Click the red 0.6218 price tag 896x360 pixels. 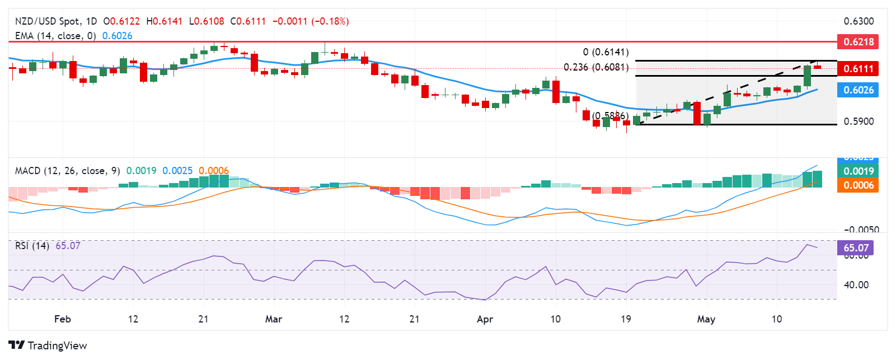click(x=858, y=42)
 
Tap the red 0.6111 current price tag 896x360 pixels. click(x=858, y=69)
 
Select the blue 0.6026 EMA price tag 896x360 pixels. click(x=858, y=90)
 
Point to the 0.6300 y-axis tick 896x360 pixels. click(x=859, y=21)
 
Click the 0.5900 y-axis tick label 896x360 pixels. click(x=859, y=121)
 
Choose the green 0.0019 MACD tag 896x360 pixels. click(x=858, y=171)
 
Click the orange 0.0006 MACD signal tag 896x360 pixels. click(x=858, y=185)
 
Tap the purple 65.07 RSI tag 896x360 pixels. click(x=856, y=247)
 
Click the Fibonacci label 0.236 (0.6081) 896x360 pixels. click(x=595, y=67)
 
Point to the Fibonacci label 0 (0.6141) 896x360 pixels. click(x=606, y=52)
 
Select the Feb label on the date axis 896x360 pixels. click(x=62, y=319)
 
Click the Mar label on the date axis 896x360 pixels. click(x=273, y=319)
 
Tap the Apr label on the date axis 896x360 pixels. click(x=485, y=319)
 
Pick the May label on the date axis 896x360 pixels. click(x=706, y=319)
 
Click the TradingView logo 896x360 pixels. click(x=48, y=345)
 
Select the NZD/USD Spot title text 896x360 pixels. click(x=47, y=21)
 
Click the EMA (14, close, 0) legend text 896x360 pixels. click(x=55, y=36)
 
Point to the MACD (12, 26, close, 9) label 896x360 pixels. click(x=67, y=171)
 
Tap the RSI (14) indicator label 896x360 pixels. click(x=32, y=246)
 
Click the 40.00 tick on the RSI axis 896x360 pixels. click(x=856, y=285)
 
